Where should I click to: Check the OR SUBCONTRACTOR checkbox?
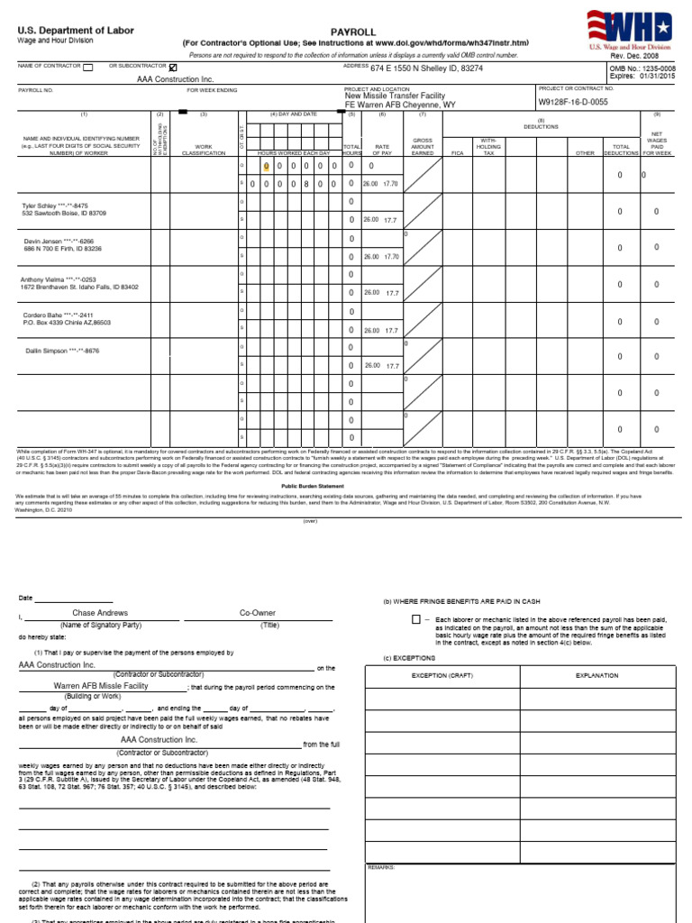pyautogui.click(x=173, y=67)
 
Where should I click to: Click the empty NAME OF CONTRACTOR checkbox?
pyautogui.click(x=87, y=67)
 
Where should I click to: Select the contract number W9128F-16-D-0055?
pyautogui.click(x=572, y=103)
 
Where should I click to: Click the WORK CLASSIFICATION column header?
pyautogui.click(x=203, y=150)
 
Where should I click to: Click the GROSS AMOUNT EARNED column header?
pyautogui.click(x=423, y=147)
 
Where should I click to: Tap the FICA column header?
pyautogui.click(x=457, y=153)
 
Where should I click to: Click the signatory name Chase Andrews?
pyautogui.click(x=95, y=613)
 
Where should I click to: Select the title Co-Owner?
pyautogui.click(x=258, y=613)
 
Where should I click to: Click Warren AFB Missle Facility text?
pyautogui.click(x=100, y=686)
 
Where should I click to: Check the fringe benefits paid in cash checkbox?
pyautogui.click(x=416, y=619)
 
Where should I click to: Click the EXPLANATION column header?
pyautogui.click(x=596, y=675)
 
